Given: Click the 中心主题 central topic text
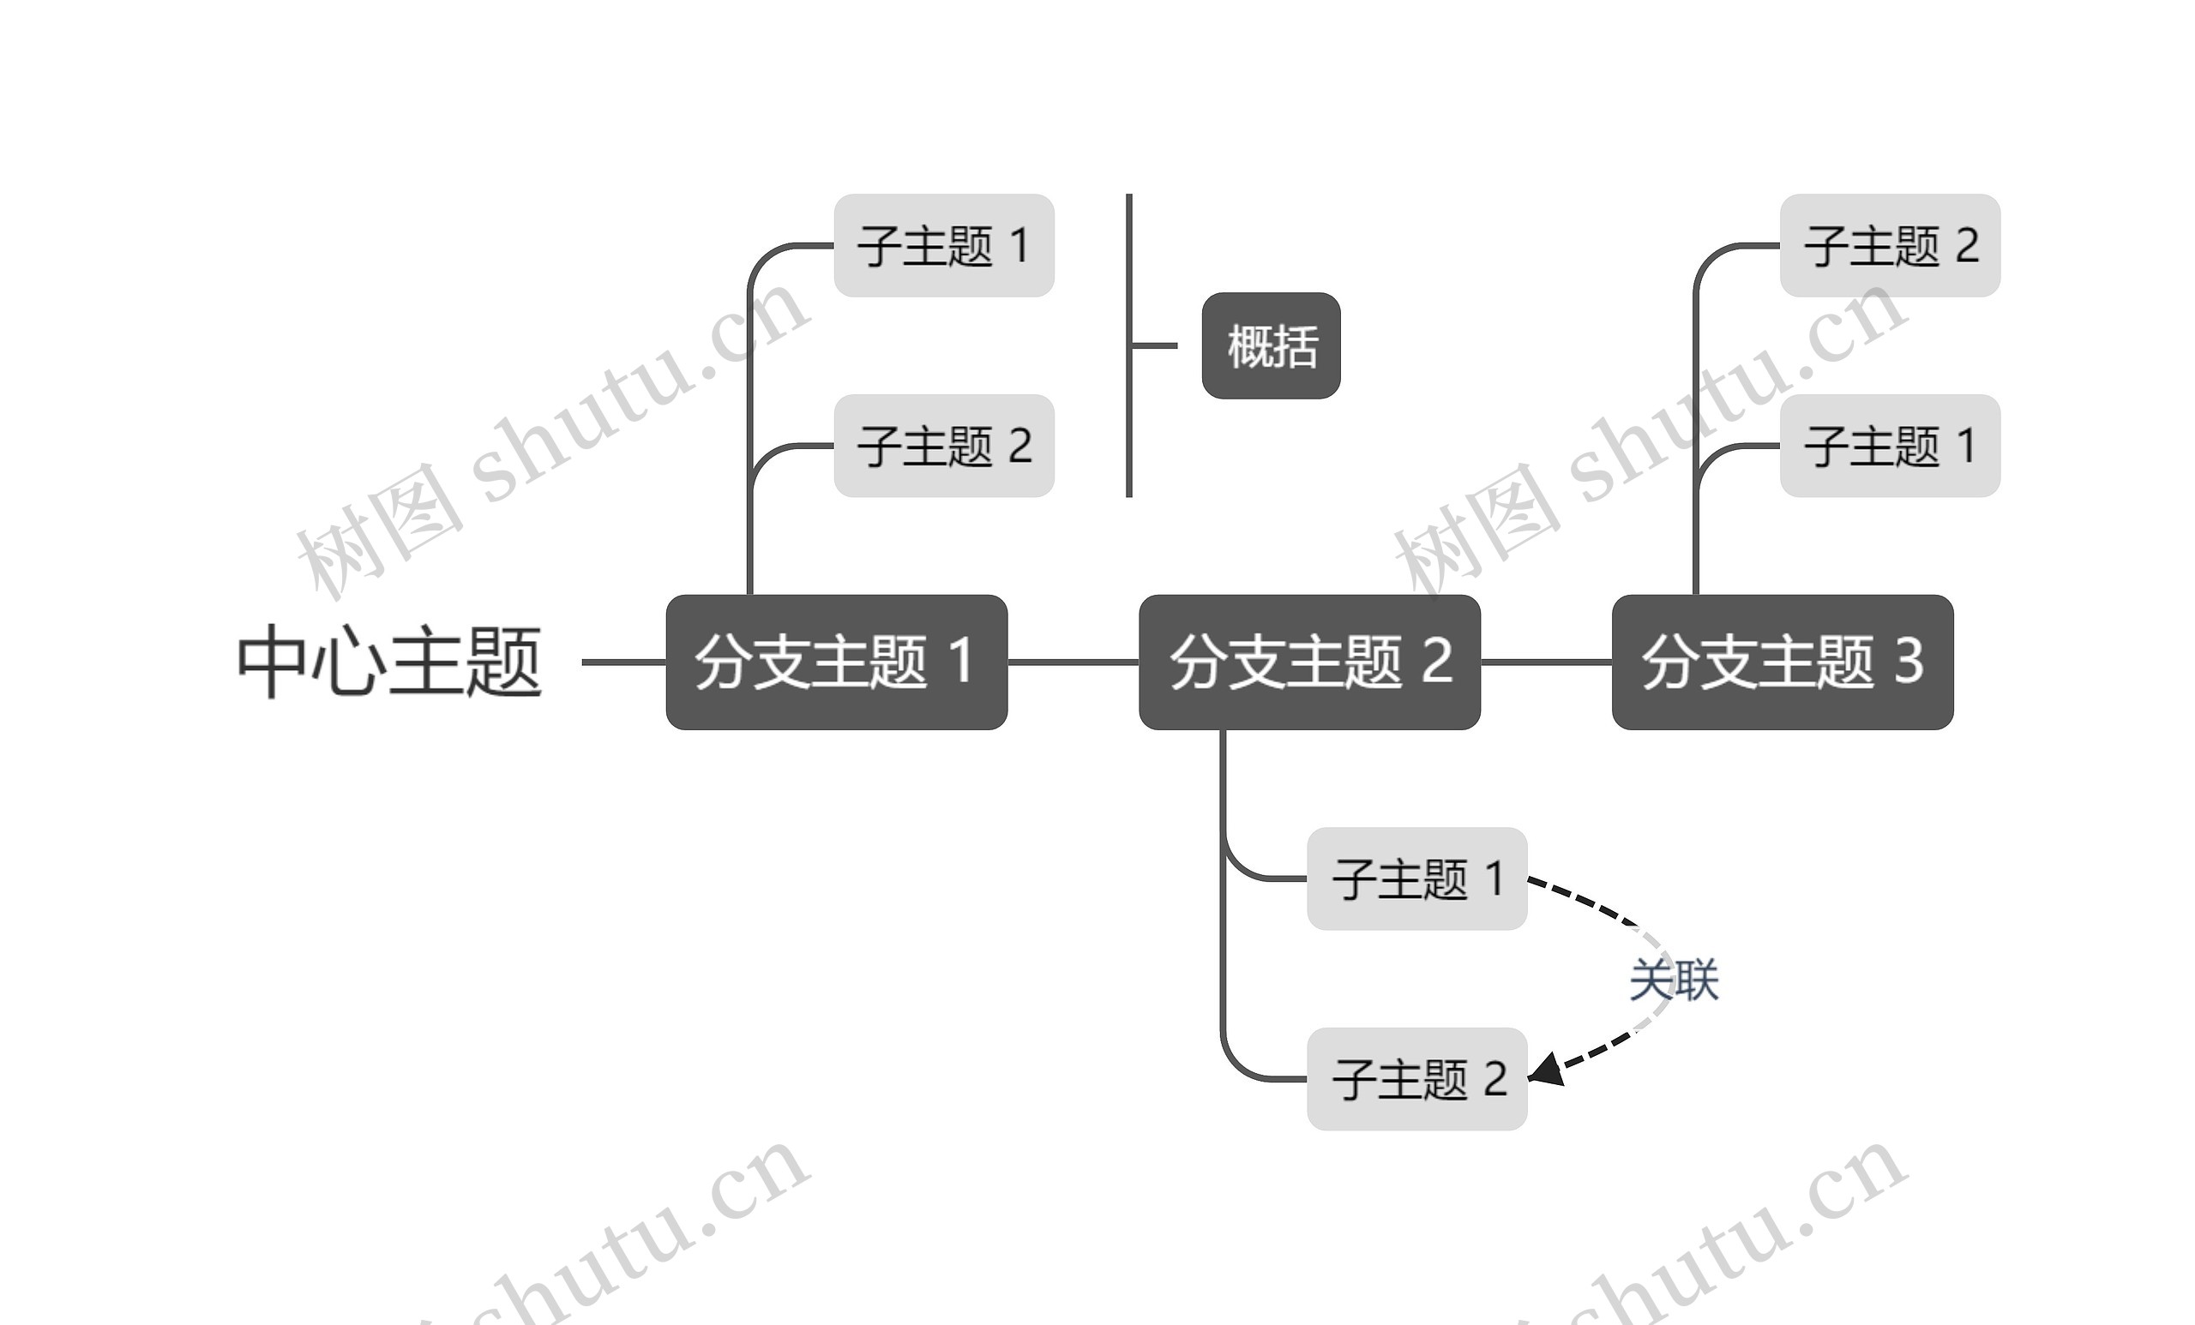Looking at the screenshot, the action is [x=389, y=662].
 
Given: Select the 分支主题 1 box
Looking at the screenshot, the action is [x=837, y=662].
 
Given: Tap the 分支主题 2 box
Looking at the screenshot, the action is [x=1309, y=662].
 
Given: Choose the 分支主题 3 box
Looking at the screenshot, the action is [x=1783, y=662].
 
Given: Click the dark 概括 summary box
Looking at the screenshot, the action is [x=1271, y=345].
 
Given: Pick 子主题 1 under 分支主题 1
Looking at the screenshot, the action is [x=943, y=246].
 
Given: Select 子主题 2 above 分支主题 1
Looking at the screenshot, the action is [x=943, y=445].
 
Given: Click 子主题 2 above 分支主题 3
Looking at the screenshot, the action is [x=1890, y=246].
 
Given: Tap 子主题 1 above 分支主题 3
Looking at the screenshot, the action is [x=1890, y=445].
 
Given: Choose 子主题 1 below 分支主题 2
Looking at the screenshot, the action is [x=1416, y=878].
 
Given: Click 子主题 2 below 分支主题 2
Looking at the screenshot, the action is [x=1416, y=1078].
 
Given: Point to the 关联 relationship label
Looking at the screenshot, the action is [x=1673, y=980].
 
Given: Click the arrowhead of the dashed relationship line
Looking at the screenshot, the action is [x=1547, y=1070].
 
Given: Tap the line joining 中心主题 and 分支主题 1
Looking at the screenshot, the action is [x=623, y=662].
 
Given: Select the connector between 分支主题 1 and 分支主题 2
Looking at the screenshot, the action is [x=1073, y=662].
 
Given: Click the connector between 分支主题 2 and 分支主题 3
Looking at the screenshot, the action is [x=1546, y=662].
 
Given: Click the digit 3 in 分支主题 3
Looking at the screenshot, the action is [x=1908, y=661].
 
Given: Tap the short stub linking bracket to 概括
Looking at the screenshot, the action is [x=1154, y=345].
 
